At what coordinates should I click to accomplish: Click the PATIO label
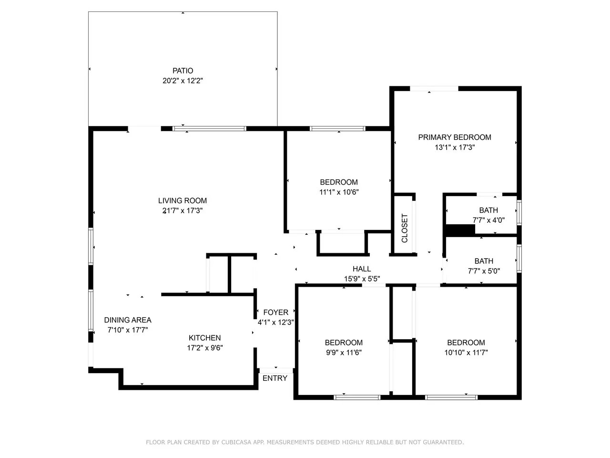tap(183, 71)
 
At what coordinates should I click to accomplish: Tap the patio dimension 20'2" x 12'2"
tap(183, 81)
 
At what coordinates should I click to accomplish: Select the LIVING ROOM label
tap(183, 200)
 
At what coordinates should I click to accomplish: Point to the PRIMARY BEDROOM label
tap(455, 137)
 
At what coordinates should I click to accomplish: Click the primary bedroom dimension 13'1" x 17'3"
tap(455, 147)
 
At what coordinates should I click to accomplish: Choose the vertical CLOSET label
tap(405, 228)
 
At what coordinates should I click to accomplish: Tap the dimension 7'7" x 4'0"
tap(488, 220)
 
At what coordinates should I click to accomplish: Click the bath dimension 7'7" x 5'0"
tap(484, 271)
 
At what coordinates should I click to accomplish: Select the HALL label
tap(362, 269)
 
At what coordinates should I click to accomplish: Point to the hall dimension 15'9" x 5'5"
tap(362, 279)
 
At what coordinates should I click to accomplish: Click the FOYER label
tap(275, 312)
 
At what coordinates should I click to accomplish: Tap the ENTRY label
tap(275, 378)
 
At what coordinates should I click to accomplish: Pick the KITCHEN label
tap(205, 338)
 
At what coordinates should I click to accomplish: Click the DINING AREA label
tap(128, 320)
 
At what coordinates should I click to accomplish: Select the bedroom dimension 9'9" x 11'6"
tap(344, 353)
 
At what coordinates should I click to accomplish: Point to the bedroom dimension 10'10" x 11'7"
tap(466, 353)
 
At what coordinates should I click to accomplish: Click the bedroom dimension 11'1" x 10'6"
tap(339, 192)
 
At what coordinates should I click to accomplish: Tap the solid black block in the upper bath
tap(460, 230)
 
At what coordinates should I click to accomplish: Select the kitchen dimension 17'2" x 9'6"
tap(205, 348)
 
